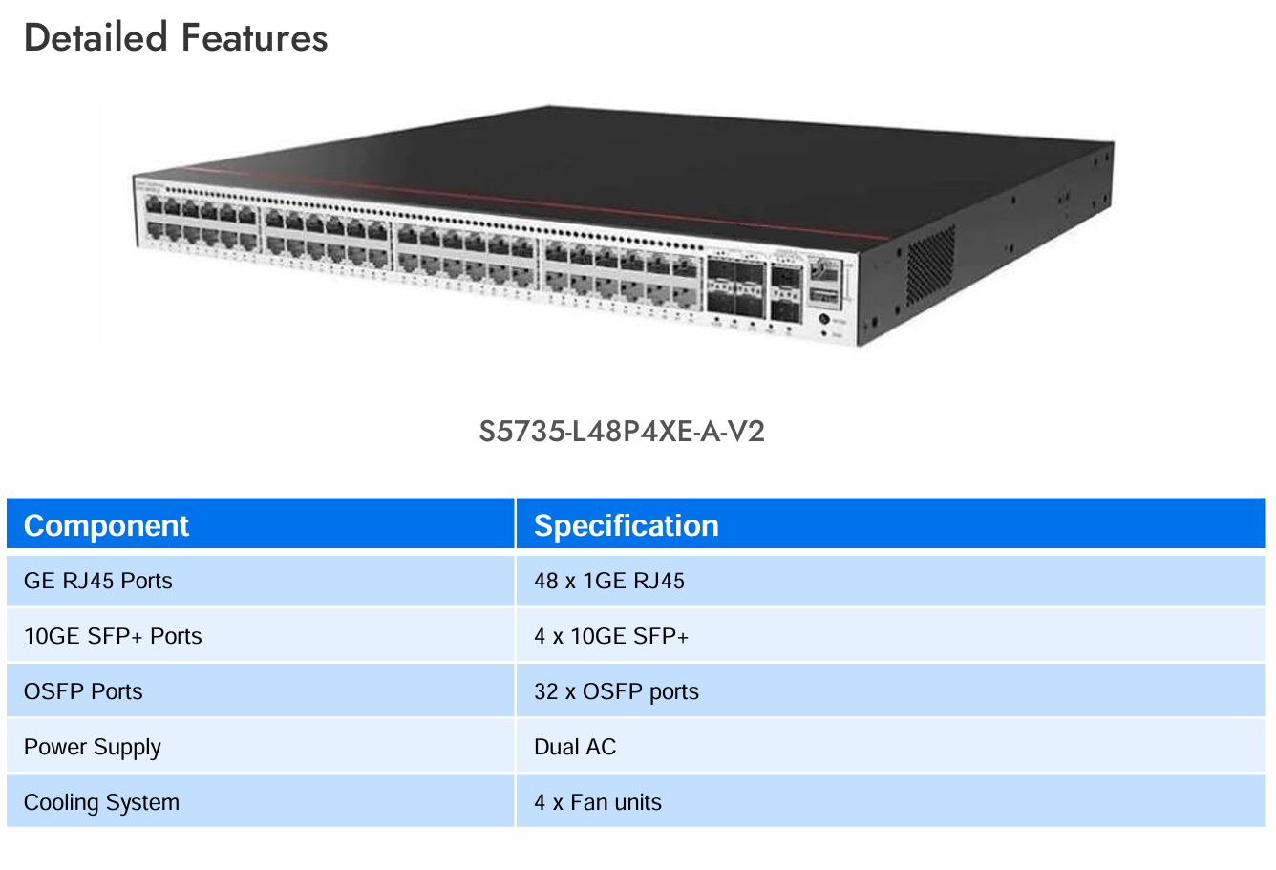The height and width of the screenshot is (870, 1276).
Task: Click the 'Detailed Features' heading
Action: tap(176, 38)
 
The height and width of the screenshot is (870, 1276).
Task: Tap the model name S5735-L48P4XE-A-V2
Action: tap(622, 432)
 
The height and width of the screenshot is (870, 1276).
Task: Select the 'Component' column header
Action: tap(106, 525)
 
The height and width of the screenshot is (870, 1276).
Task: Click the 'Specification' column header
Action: tap(626, 525)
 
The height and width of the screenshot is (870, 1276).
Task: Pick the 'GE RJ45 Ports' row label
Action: tap(98, 581)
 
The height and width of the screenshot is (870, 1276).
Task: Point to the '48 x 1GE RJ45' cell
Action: tap(609, 581)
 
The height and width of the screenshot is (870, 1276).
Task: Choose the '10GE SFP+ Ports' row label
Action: tap(113, 636)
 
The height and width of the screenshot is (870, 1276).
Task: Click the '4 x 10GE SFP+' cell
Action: tap(611, 636)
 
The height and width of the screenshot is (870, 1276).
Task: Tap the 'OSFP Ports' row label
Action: tap(83, 691)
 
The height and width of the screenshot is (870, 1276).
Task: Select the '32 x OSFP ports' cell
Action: tap(616, 691)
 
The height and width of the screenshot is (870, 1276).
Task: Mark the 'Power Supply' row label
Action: tap(93, 747)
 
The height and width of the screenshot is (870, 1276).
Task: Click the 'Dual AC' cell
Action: tap(575, 747)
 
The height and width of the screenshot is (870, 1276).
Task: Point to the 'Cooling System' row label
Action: tap(101, 802)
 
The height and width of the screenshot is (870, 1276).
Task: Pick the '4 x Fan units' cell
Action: tap(598, 802)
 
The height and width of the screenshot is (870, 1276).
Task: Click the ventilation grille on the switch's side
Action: tap(930, 265)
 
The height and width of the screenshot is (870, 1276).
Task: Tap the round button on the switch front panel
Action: tap(823, 319)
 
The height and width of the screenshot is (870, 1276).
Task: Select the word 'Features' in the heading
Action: tap(255, 38)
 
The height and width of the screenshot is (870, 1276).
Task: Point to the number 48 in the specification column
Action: tap(545, 581)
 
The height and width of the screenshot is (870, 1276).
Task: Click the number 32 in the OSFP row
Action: tap(545, 691)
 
